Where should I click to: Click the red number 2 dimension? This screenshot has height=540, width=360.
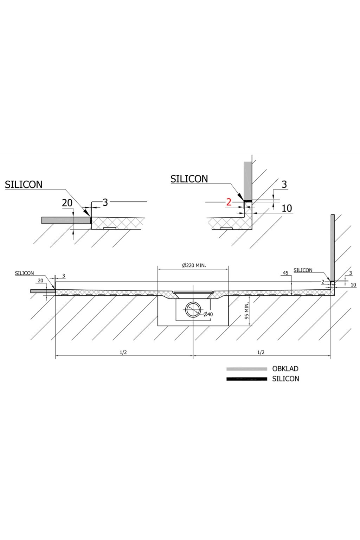pyautogui.click(x=229, y=202)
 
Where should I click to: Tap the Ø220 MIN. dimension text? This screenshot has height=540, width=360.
pyautogui.click(x=194, y=265)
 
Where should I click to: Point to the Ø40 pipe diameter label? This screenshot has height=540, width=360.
pyautogui.click(x=208, y=314)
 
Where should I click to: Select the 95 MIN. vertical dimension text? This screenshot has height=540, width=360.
pyautogui.click(x=247, y=310)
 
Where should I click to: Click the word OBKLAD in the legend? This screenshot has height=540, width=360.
pyautogui.click(x=285, y=369)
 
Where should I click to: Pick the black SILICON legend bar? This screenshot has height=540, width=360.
pyautogui.click(x=246, y=379)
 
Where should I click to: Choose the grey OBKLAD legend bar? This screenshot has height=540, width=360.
pyautogui.click(x=246, y=369)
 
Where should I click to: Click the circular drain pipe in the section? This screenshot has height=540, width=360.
pyautogui.click(x=193, y=310)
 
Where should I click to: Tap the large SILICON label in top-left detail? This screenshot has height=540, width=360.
pyautogui.click(x=24, y=185)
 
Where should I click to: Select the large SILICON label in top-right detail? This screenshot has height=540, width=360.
pyautogui.click(x=189, y=179)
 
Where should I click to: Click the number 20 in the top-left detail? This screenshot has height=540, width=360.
pyautogui.click(x=67, y=203)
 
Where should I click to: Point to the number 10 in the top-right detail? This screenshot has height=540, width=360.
pyautogui.click(x=287, y=208)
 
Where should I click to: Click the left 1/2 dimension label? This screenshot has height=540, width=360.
pyautogui.click(x=123, y=352)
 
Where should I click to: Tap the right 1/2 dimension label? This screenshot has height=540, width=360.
pyautogui.click(x=261, y=352)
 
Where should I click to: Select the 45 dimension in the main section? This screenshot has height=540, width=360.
pyautogui.click(x=285, y=273)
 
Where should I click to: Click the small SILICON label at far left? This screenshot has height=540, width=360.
pyautogui.click(x=24, y=273)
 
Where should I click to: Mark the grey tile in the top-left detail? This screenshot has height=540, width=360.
pyautogui.click(x=66, y=220)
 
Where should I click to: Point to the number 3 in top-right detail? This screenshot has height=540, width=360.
pyautogui.click(x=284, y=184)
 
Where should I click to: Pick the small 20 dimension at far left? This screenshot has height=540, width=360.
pyautogui.click(x=40, y=281)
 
